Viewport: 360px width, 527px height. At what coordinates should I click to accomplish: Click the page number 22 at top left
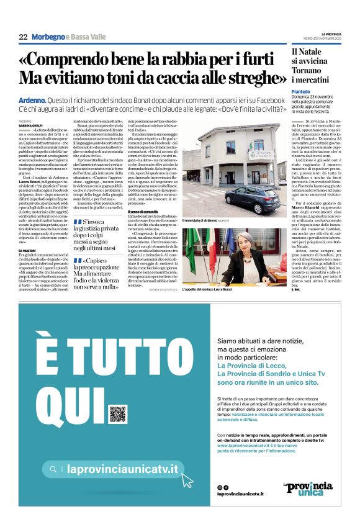[x=23, y=37]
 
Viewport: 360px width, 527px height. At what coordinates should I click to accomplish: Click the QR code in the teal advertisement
[x=118, y=413]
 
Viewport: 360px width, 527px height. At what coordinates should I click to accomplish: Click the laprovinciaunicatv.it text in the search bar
[x=122, y=470]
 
